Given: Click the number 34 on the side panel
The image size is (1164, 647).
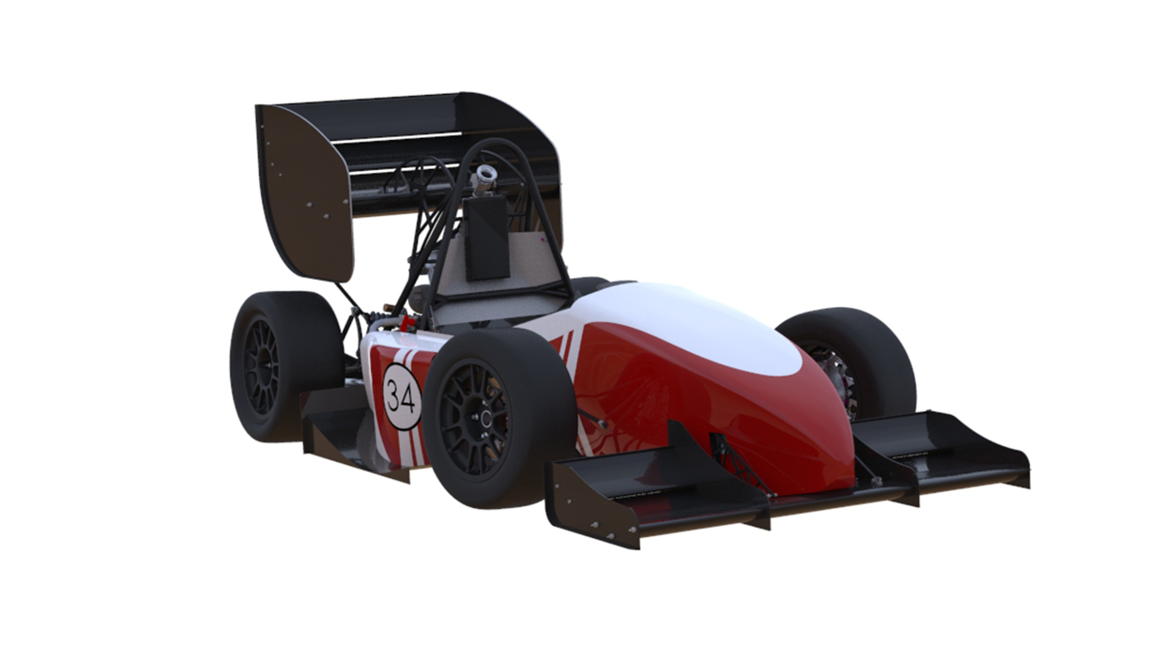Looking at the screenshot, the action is coord(401,398).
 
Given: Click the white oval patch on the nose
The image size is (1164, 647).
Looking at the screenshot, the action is coord(697,327).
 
